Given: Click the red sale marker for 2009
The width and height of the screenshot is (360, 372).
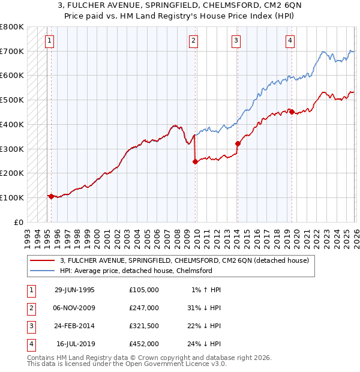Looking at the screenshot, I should pyautogui.click(x=195, y=161).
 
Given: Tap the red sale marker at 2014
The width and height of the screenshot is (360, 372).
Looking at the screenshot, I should pyautogui.click(x=238, y=143).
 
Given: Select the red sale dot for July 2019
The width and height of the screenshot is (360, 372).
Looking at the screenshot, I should pyautogui.click(x=292, y=111).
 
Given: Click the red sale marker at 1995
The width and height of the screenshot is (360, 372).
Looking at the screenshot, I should pyautogui.click(x=51, y=196).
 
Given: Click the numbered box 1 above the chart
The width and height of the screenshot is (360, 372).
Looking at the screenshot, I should pyautogui.click(x=49, y=41).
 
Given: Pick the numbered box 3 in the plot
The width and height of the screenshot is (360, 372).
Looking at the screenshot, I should pyautogui.click(x=236, y=41).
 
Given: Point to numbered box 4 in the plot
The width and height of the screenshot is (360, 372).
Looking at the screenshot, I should pyautogui.click(x=290, y=41).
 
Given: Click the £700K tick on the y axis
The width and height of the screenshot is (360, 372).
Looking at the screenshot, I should pyautogui.click(x=12, y=52).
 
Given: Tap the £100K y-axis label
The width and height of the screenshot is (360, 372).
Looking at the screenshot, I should pyautogui.click(x=12, y=197).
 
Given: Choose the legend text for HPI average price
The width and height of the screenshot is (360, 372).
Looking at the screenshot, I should pyautogui.click(x=136, y=271).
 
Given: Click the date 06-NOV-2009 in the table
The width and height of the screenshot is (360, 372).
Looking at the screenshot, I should pyautogui.click(x=74, y=307).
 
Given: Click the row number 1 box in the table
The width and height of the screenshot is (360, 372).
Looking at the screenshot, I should pyautogui.click(x=31, y=289).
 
